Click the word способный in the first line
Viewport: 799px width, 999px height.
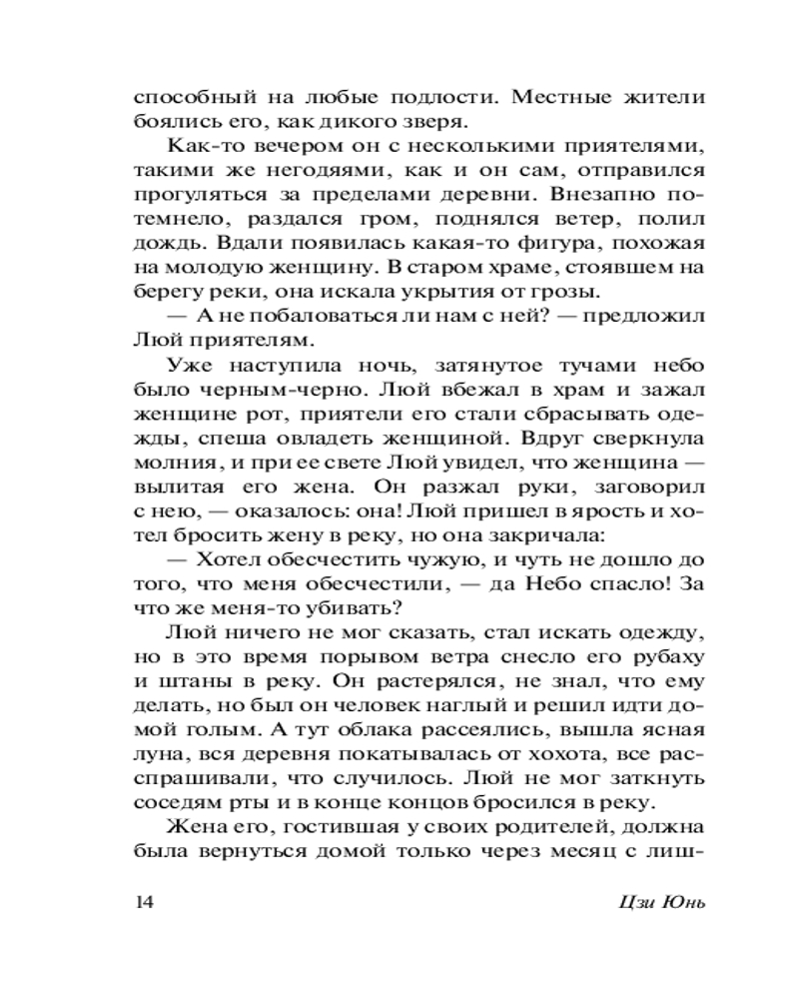pos(188,98)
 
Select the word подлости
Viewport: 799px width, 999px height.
pos(436,98)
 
